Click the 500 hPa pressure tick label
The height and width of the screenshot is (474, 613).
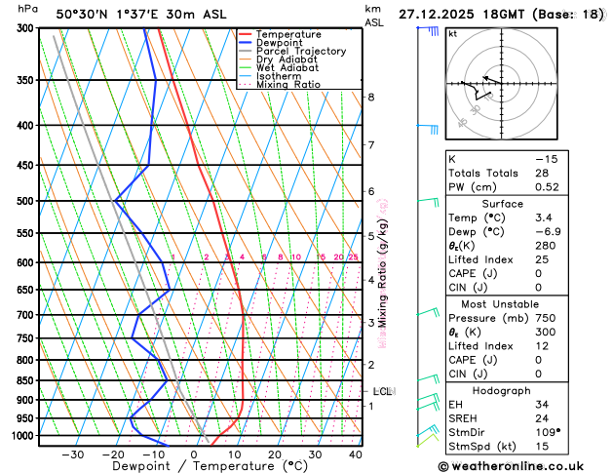[25, 201]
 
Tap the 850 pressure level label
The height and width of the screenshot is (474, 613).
[25, 380]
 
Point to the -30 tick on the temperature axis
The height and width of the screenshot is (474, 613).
[73, 454]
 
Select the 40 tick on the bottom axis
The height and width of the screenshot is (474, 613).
[355, 454]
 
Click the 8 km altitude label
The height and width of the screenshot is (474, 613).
[371, 98]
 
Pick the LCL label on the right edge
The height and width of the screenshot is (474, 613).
[382, 391]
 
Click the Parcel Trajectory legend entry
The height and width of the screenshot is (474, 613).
[300, 51]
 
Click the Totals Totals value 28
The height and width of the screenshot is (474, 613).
[542, 172]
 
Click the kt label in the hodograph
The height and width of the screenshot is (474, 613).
[452, 33]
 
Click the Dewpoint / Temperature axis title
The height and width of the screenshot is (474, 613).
[192, 466]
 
